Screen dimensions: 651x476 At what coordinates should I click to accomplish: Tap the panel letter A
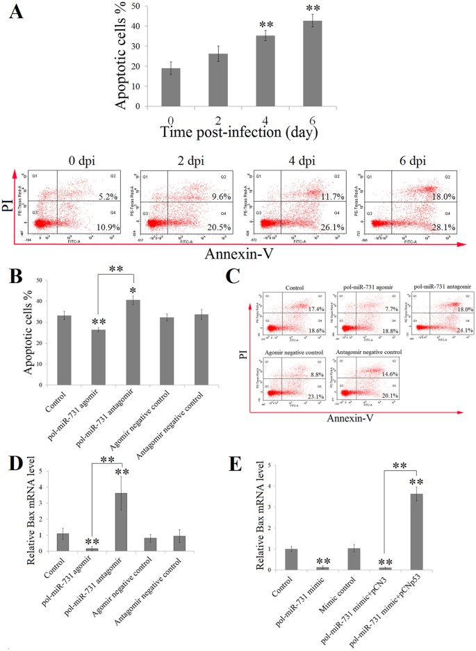tap(25, 15)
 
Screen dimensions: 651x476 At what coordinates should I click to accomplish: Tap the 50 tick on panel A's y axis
tap(129, 7)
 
